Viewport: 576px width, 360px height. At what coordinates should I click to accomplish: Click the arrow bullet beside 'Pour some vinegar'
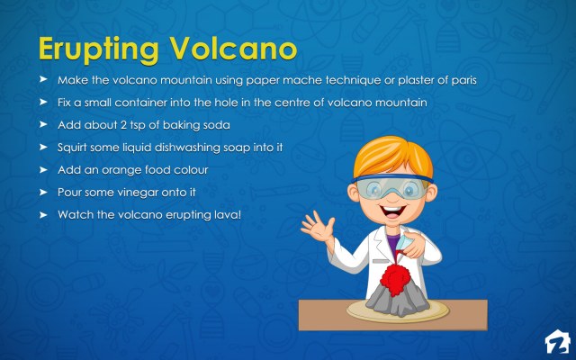[x=42, y=192]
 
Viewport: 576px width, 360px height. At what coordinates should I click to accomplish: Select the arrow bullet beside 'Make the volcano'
[x=42, y=80]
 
